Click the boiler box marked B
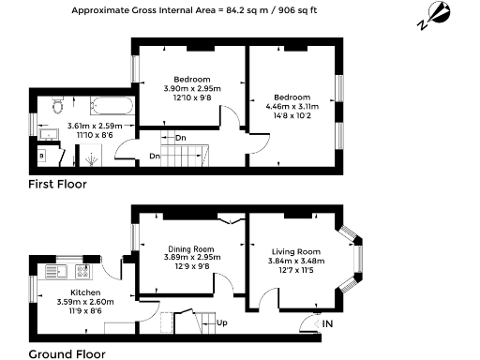click(x=42, y=156)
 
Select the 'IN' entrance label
click(x=327, y=323)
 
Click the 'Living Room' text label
click(x=295, y=252)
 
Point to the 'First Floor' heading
click(x=57, y=185)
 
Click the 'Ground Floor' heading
click(x=67, y=353)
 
